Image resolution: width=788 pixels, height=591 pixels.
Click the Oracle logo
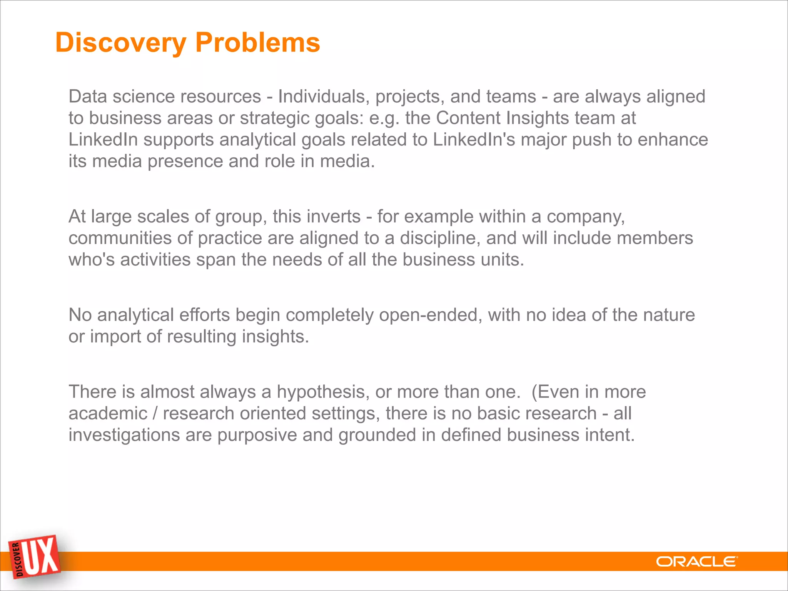pyautogui.click(x=697, y=562)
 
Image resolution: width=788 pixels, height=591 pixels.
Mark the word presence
pyautogui.click(x=185, y=161)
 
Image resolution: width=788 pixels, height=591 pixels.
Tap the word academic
pyautogui.click(x=108, y=414)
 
